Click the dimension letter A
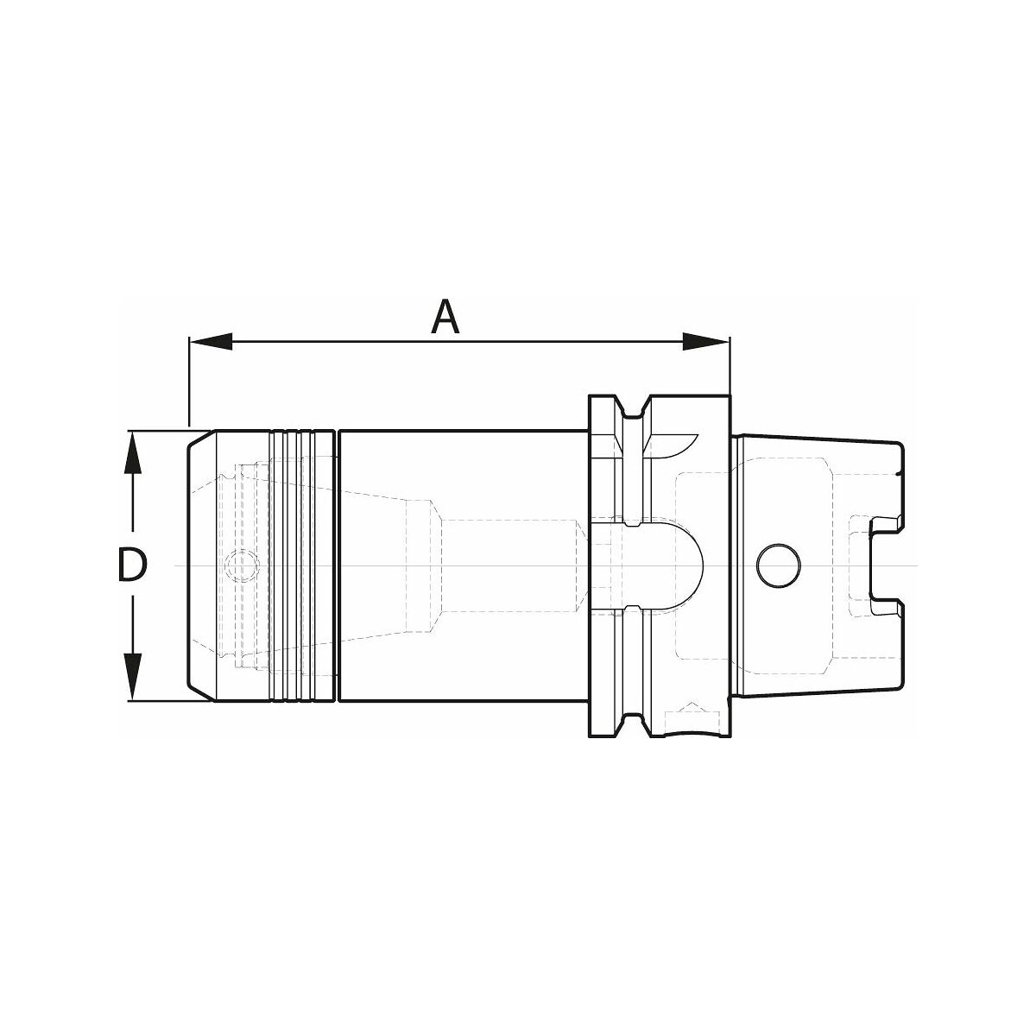tap(445, 317)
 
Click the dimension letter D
tap(132, 565)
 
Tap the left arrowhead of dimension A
tap(211, 341)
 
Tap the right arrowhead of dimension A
tap(706, 341)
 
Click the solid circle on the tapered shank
tap(778, 566)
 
